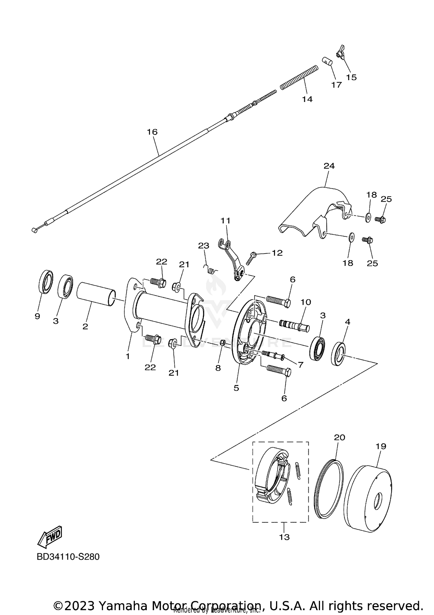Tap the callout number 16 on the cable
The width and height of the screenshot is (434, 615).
point(152,132)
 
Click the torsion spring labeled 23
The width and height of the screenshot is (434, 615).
point(212,270)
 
